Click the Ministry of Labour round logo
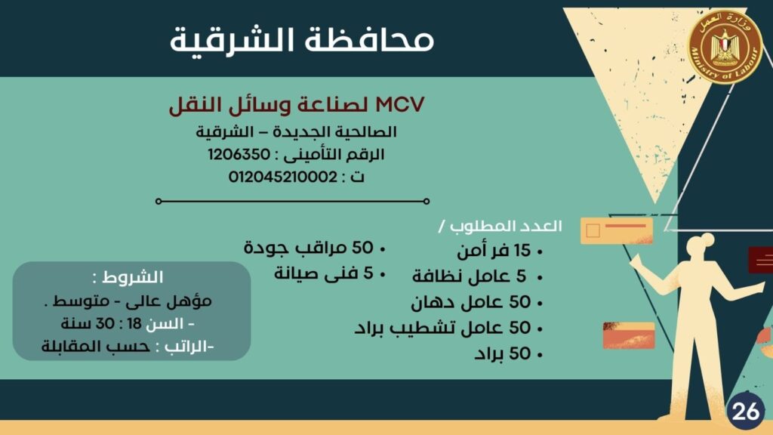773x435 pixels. pyautogui.click(x=725, y=48)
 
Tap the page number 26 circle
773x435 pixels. pyautogui.click(x=745, y=410)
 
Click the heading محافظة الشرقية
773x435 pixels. pyautogui.click(x=302, y=41)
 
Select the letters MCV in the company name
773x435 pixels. pyautogui.click(x=400, y=105)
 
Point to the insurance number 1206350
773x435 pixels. pyautogui.click(x=239, y=154)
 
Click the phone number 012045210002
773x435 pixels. pyautogui.click(x=283, y=177)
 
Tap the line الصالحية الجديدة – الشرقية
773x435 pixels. pyautogui.click(x=296, y=132)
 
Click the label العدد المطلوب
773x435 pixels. pyautogui.click(x=505, y=227)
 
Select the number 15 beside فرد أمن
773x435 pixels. pyautogui.click(x=522, y=251)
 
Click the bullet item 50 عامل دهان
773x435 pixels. pyautogui.click(x=471, y=302)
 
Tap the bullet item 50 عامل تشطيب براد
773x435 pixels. pyautogui.click(x=442, y=328)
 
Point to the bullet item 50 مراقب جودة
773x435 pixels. pyautogui.click(x=309, y=248)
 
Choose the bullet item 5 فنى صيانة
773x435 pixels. pyautogui.click(x=324, y=273)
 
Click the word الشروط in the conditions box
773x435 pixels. pyautogui.click(x=133, y=277)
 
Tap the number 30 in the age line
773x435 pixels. pyautogui.click(x=105, y=324)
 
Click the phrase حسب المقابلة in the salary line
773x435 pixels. pyautogui.click(x=96, y=347)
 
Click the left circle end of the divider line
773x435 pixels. pyautogui.click(x=159, y=201)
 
